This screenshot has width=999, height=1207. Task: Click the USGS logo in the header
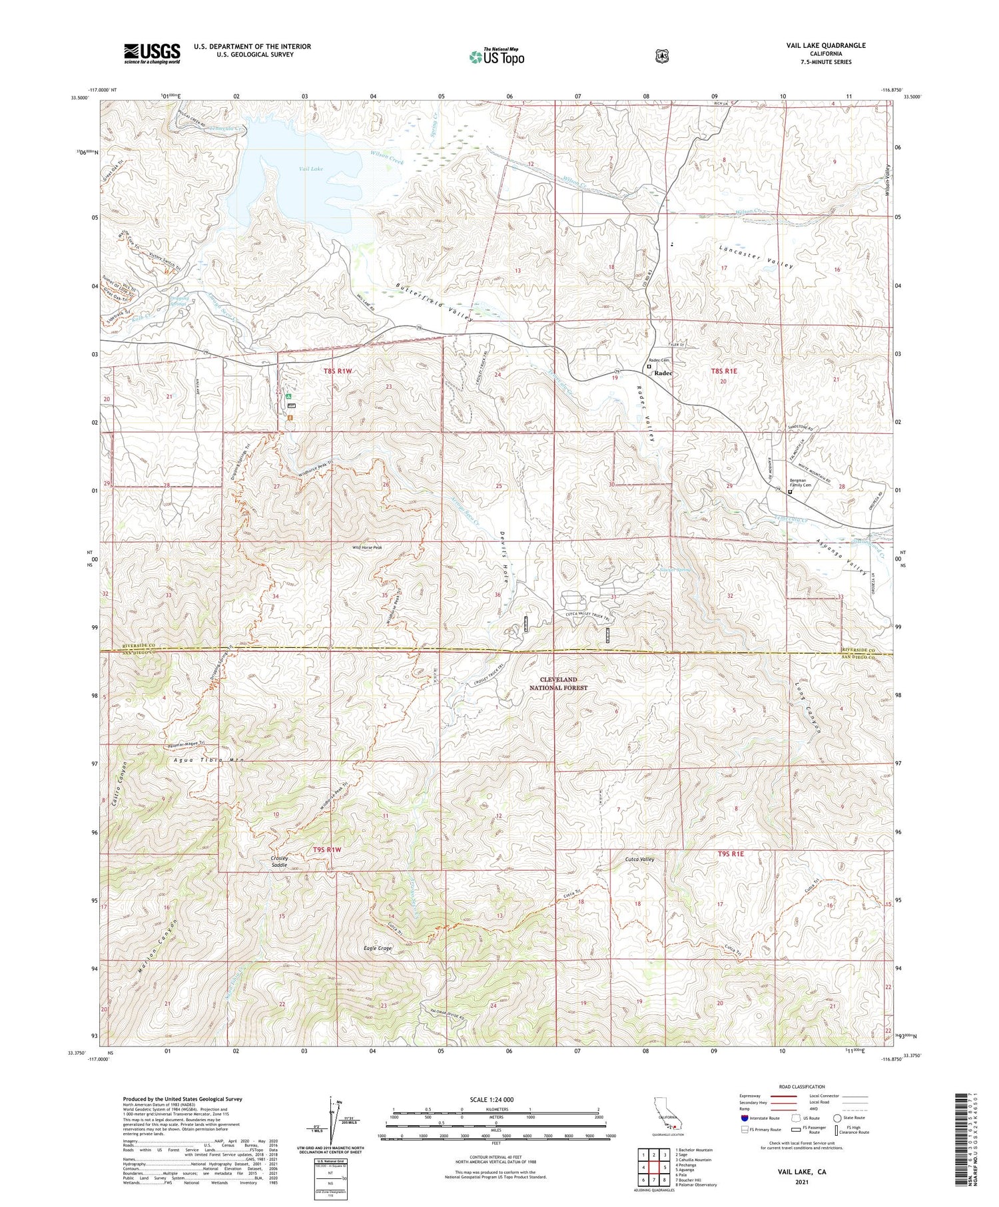152,53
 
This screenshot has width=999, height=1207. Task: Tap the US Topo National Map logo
496,57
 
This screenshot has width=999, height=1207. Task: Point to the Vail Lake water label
311,169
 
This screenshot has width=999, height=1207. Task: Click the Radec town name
663,373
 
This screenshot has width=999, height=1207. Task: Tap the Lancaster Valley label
756,256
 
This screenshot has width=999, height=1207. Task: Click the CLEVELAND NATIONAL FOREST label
559,683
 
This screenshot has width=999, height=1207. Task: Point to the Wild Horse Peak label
367,547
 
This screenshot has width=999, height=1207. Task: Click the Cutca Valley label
640,859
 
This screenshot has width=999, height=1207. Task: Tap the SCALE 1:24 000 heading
492,1099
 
